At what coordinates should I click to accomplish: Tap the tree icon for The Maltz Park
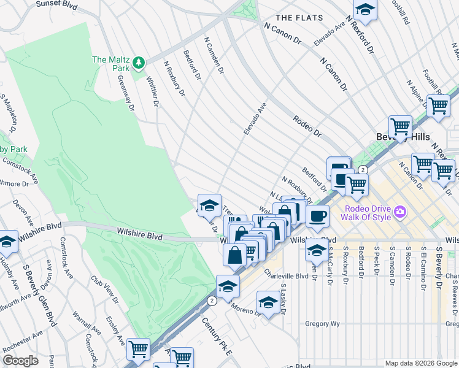139,61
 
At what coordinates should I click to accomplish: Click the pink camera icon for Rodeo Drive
401,212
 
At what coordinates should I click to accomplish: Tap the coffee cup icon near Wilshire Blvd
317,216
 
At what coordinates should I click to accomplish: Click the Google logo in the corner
20,361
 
